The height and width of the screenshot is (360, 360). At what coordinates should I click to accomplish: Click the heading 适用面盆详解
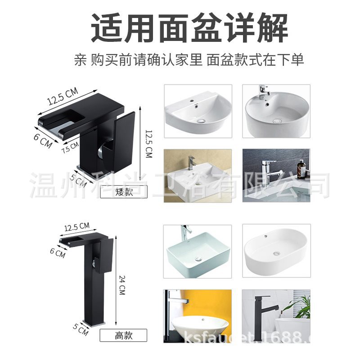click(x=189, y=28)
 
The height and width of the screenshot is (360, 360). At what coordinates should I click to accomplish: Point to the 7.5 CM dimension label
click(x=71, y=147)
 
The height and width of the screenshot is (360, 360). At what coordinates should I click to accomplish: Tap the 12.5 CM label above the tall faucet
click(x=77, y=227)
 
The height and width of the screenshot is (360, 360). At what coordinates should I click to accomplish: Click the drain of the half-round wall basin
click(x=201, y=121)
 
